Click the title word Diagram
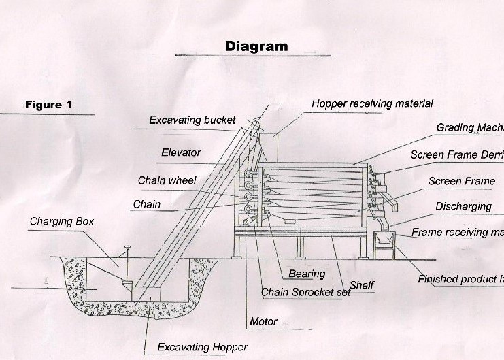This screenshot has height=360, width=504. (256, 46)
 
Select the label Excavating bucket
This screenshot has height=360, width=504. (192, 120)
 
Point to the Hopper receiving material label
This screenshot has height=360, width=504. (372, 103)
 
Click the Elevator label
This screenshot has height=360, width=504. (181, 152)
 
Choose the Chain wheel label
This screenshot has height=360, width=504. (167, 180)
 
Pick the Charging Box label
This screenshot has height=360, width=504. (62, 221)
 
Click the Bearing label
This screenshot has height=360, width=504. (307, 274)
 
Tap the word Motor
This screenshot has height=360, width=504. (264, 321)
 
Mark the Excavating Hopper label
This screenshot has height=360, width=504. (203, 347)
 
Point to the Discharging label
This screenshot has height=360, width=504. (463, 206)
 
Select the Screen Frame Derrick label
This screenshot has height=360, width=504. (456, 155)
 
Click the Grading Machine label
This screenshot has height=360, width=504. (469, 128)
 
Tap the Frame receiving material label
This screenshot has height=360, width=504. (457, 233)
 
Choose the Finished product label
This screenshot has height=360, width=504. (460, 279)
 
